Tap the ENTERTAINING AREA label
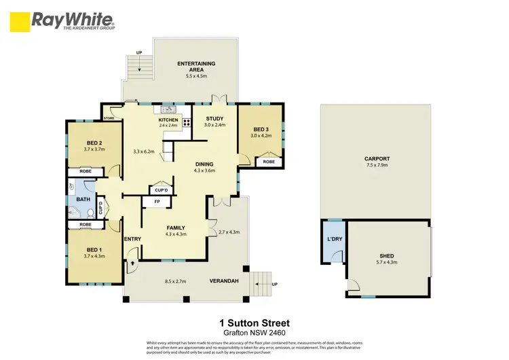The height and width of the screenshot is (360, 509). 196,64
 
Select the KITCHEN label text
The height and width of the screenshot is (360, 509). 168,120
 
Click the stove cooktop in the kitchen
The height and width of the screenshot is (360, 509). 186,124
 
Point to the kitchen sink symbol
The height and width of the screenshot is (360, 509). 168,109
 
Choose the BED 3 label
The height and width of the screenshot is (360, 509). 261,129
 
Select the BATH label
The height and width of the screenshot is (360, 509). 83,199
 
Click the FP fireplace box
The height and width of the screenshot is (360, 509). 157,202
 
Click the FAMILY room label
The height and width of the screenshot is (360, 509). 175,228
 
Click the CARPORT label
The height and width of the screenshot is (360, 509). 377,159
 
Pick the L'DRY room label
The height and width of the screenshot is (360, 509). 334,240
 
